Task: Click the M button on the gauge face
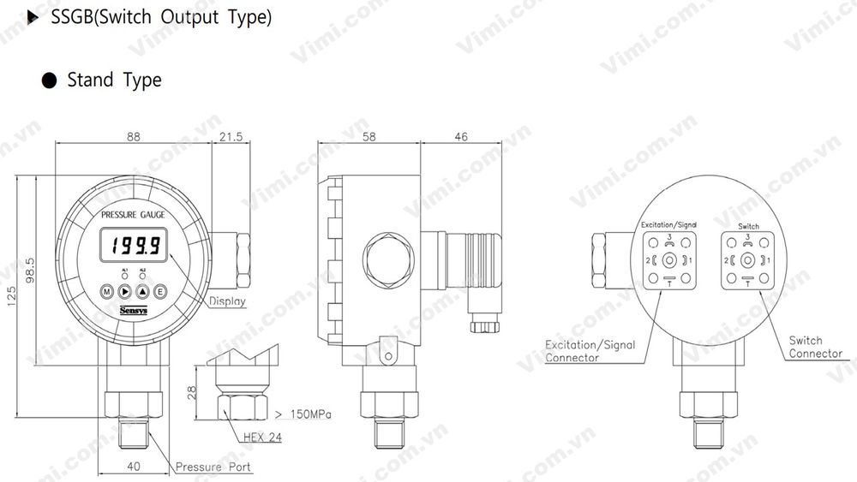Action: click(106, 292)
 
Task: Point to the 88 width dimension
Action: click(133, 136)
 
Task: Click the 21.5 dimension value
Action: click(231, 136)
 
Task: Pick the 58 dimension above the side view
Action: click(369, 136)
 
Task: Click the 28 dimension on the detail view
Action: click(193, 392)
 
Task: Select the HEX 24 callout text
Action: click(261, 437)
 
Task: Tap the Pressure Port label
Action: click(213, 467)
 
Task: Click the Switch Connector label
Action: click(815, 347)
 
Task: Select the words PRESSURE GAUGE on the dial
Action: click(133, 214)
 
